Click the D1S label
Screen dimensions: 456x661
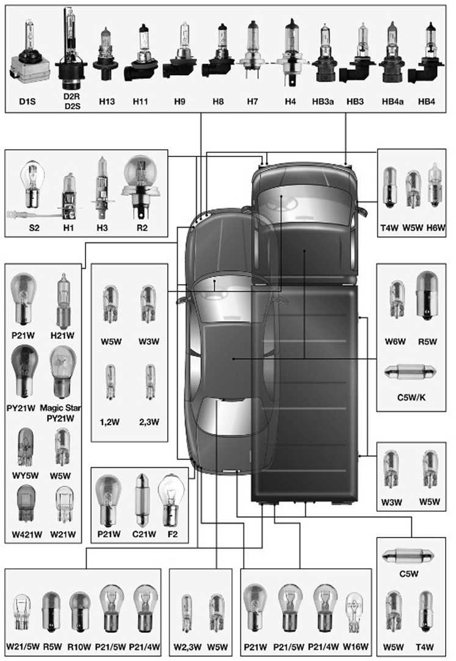(x=27, y=101)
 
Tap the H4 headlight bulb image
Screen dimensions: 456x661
(x=291, y=51)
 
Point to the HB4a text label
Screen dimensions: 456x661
(x=393, y=101)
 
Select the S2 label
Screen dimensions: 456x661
(x=34, y=228)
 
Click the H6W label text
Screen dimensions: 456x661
(x=436, y=228)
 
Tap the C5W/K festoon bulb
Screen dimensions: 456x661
(x=411, y=372)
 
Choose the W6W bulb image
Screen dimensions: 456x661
(x=397, y=299)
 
